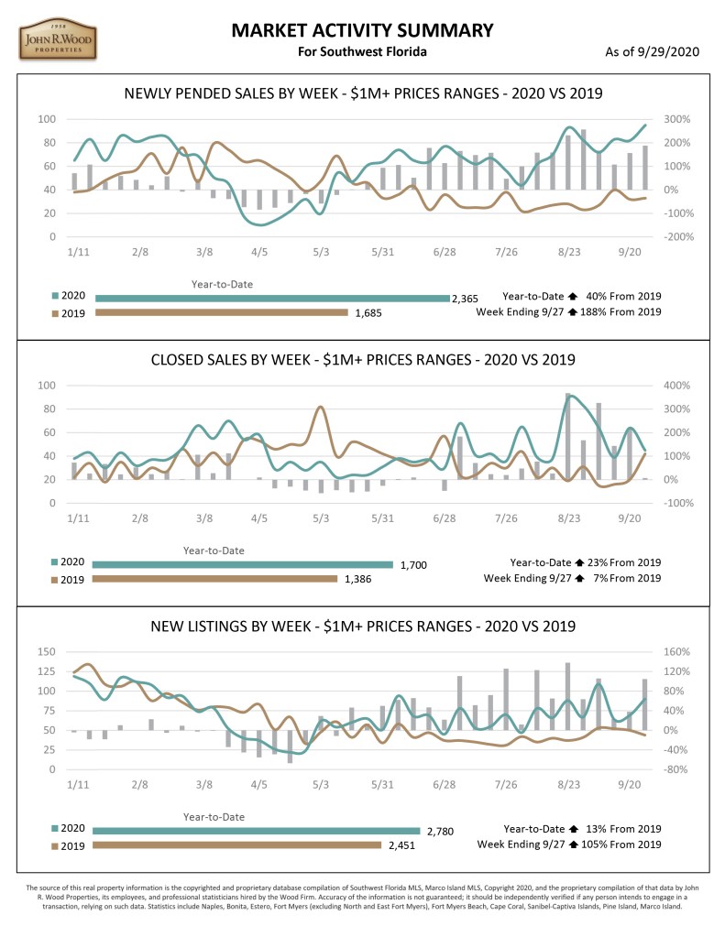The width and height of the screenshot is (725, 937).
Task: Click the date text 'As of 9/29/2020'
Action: pyautogui.click(x=652, y=51)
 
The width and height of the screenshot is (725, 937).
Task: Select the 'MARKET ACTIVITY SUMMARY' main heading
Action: pyautogui.click(x=362, y=31)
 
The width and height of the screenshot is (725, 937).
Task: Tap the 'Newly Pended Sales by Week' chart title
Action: pyautogui.click(x=362, y=93)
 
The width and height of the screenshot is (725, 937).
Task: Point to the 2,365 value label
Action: pyautogui.click(x=464, y=298)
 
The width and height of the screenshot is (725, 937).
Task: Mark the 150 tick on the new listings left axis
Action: pyautogui.click(x=45, y=652)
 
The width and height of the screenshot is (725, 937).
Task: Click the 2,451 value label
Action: pyautogui.click(x=398, y=846)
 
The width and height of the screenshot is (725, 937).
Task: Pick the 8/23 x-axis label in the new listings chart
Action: pyautogui.click(x=568, y=785)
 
